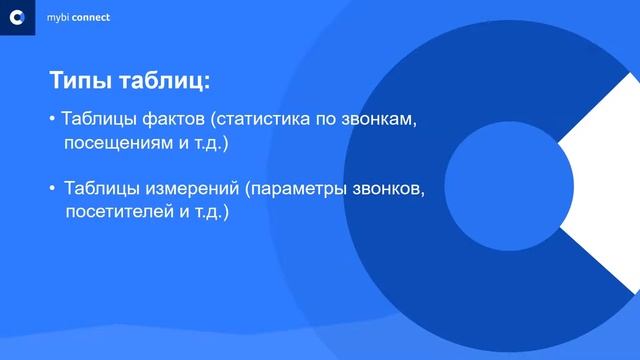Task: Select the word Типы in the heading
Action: coord(82,80)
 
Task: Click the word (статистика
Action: coord(260,120)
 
